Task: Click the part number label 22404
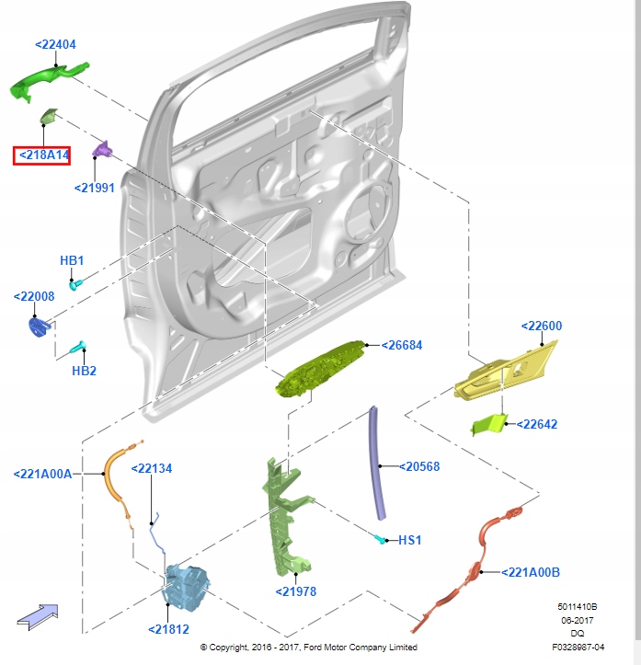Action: click(x=55, y=44)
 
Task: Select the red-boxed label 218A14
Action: click(x=41, y=155)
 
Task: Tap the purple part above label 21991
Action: click(x=102, y=151)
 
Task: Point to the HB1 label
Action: click(x=72, y=260)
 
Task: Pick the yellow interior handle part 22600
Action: click(x=504, y=373)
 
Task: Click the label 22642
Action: click(x=537, y=425)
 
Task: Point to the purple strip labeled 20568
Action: click(x=378, y=464)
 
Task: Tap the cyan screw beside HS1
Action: click(x=381, y=536)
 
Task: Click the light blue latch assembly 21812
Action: click(x=189, y=589)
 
